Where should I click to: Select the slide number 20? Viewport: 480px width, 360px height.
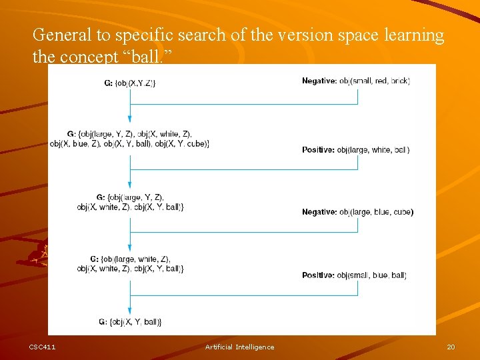click(451, 347)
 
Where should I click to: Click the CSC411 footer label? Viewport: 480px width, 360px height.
click(42, 347)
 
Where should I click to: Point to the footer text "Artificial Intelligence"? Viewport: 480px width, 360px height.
click(239, 347)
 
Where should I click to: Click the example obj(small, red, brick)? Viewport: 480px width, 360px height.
click(374, 81)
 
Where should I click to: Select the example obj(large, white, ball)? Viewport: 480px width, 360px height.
click(373, 150)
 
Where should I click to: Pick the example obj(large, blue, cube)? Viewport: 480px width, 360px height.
click(376, 212)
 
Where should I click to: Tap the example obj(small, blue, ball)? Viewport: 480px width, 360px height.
click(372, 275)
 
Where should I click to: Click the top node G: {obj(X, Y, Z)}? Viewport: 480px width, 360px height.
click(130, 83)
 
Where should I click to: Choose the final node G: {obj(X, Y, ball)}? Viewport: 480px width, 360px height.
click(130, 322)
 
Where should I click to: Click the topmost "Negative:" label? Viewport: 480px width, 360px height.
click(319, 81)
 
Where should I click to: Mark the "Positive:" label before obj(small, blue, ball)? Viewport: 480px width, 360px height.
click(318, 275)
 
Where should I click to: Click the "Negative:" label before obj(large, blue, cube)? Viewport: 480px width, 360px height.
click(319, 212)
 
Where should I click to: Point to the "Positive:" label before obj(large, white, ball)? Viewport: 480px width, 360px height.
click(318, 150)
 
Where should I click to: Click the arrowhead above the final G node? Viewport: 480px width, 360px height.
click(130, 310)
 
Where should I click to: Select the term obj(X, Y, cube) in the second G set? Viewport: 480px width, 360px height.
click(182, 144)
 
